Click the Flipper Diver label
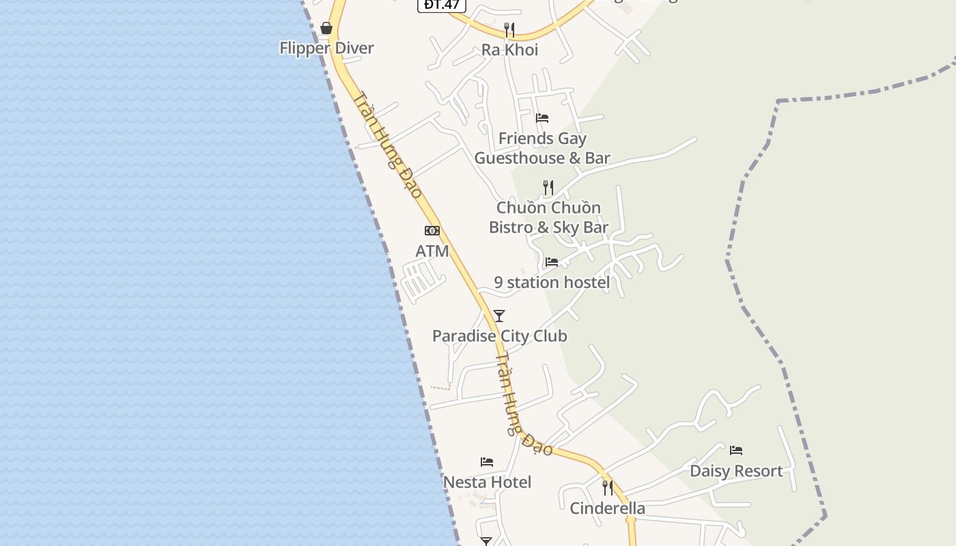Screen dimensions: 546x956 pyautogui.click(x=326, y=48)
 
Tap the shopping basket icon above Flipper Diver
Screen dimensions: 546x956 pyautogui.click(x=326, y=28)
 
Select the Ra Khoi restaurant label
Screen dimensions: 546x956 pyautogui.click(x=509, y=50)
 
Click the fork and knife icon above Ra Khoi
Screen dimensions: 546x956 pyautogui.click(x=509, y=29)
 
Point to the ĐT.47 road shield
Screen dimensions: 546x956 pyautogui.click(x=442, y=5)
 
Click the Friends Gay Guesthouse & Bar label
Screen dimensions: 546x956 pyautogui.click(x=542, y=148)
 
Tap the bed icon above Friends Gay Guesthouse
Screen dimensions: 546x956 pyautogui.click(x=542, y=118)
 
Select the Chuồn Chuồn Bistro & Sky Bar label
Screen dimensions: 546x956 pyautogui.click(x=548, y=217)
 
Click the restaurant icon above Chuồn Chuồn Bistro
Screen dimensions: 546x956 pyautogui.click(x=548, y=187)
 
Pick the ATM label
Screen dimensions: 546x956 pyautogui.click(x=432, y=251)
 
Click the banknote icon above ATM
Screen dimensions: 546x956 pyautogui.click(x=432, y=231)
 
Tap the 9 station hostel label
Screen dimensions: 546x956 pyautogui.click(x=552, y=283)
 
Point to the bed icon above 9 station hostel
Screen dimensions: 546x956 pyautogui.click(x=552, y=262)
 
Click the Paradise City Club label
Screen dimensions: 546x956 pyautogui.click(x=500, y=336)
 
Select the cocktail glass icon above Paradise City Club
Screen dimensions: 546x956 pyautogui.click(x=499, y=316)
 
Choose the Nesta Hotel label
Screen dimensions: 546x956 pyautogui.click(x=487, y=483)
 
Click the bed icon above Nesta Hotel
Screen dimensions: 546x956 pyautogui.click(x=487, y=462)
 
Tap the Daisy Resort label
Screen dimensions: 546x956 pyautogui.click(x=736, y=471)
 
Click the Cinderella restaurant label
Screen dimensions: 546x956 pyautogui.click(x=607, y=508)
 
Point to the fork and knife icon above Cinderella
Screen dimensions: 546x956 pyautogui.click(x=607, y=488)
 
